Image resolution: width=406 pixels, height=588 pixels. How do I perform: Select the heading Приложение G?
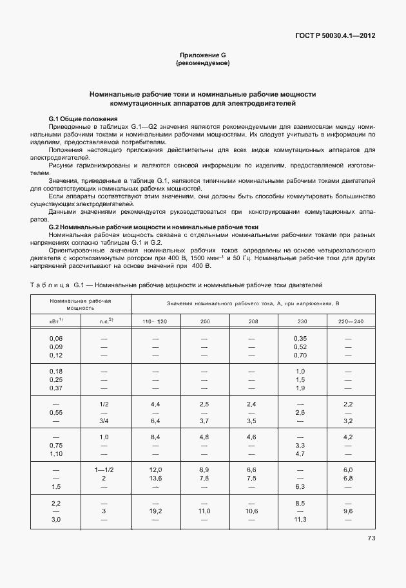(x=203, y=56)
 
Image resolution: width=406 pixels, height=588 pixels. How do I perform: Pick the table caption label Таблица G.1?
(x=59, y=284)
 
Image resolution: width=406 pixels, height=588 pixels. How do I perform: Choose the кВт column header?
(x=56, y=320)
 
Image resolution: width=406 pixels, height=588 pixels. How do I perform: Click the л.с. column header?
(x=106, y=320)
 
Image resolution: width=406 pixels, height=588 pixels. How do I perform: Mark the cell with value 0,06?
(x=56, y=338)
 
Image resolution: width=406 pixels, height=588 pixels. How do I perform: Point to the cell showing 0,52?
(x=300, y=347)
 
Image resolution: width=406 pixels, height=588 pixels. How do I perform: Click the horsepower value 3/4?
(x=104, y=421)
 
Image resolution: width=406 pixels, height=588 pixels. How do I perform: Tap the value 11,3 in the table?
(x=300, y=519)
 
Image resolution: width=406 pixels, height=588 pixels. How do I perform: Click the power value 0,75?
(x=56, y=445)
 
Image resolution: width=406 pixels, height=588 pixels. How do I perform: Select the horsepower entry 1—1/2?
(x=104, y=469)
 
